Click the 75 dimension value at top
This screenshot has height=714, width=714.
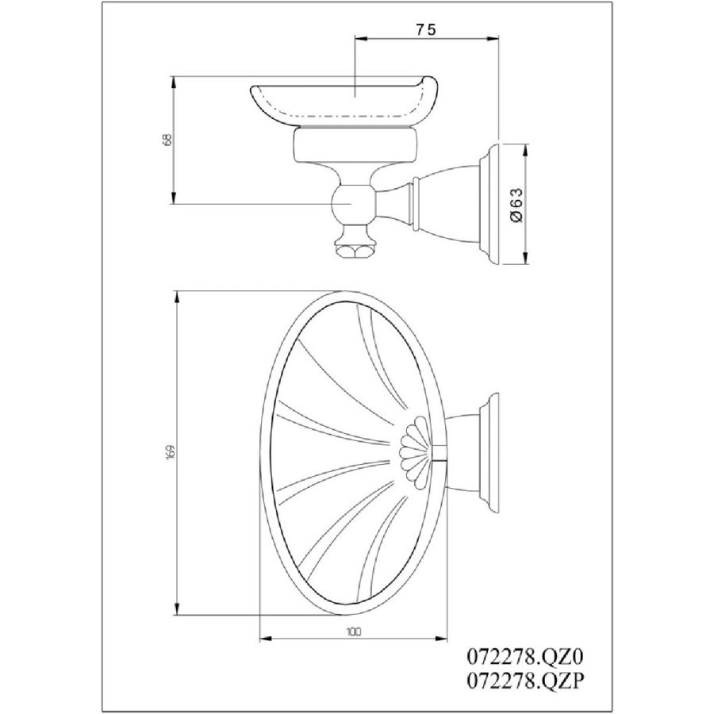(x=426, y=29)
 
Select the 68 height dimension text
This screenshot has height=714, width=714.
(x=167, y=140)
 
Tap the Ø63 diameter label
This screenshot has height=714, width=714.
(x=517, y=205)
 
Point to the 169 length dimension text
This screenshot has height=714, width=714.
(x=171, y=452)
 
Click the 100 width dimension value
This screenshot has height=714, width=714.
(x=353, y=632)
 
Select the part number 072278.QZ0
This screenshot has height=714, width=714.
(x=524, y=658)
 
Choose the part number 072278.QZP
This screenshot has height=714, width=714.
(x=524, y=681)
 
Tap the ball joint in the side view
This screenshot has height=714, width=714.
(x=353, y=203)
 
